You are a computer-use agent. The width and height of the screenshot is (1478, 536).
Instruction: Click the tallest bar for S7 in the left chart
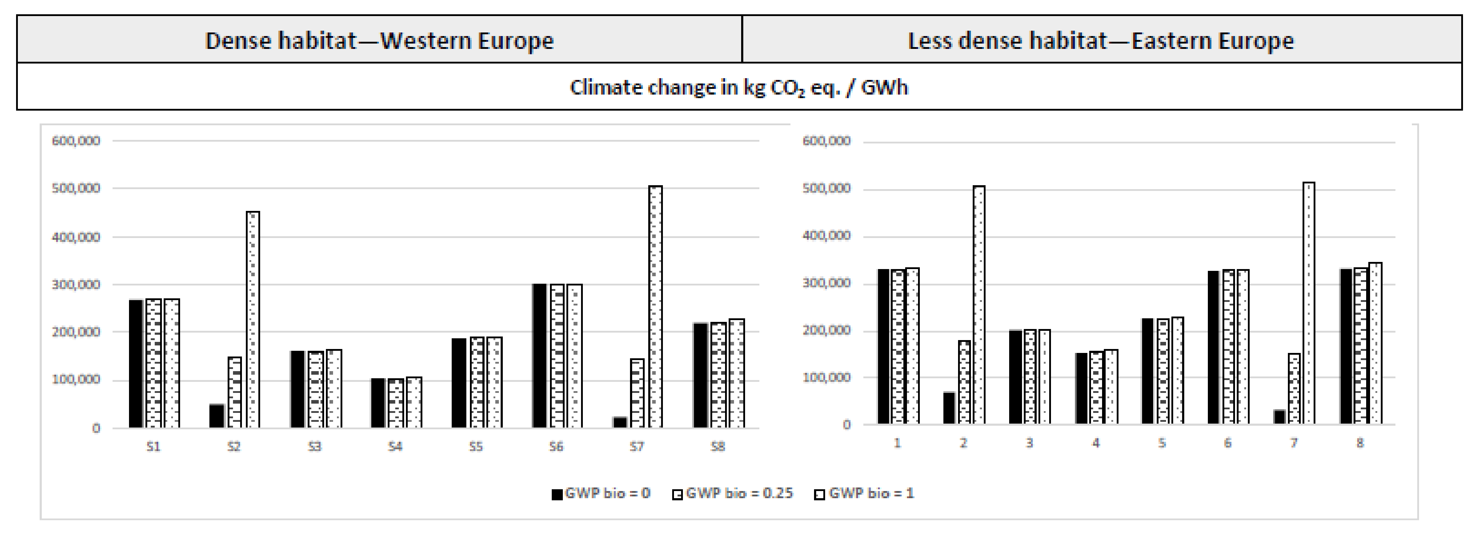point(655,307)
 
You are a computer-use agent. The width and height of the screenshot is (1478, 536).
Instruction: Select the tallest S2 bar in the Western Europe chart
point(253,319)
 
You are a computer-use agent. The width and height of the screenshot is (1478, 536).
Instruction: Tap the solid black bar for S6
point(539,355)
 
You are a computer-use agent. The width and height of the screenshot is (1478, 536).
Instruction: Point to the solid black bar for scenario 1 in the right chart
point(883,346)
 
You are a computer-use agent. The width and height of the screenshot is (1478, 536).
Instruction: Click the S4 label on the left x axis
point(395,446)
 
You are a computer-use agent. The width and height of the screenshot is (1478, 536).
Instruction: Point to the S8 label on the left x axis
point(718,446)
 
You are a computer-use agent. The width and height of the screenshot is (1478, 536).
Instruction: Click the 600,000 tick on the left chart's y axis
point(76,141)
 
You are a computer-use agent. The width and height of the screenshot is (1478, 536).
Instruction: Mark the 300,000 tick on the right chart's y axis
point(826,283)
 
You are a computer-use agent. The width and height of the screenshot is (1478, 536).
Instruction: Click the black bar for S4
point(377,403)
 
